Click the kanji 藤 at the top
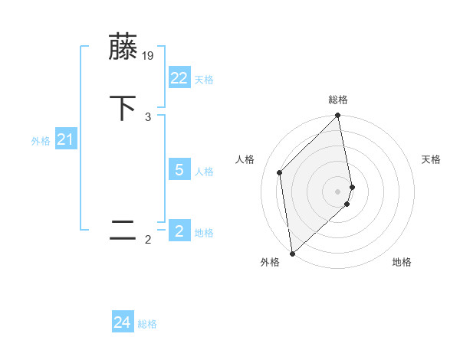[x=123, y=47]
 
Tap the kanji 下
[x=123, y=108]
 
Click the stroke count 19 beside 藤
[x=149, y=56]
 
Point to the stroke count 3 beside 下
[x=148, y=117]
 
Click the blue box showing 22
[x=179, y=78]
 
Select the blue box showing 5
[x=179, y=170]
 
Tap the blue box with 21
[x=65, y=139]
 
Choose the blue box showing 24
[x=123, y=323]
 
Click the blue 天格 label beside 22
[x=204, y=80]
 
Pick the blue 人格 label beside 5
[x=204, y=172]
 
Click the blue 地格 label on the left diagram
[x=204, y=233]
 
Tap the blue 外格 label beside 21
[x=41, y=141]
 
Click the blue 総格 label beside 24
[x=147, y=325]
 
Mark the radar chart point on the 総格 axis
[x=338, y=116]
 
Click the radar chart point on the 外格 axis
[x=291, y=253]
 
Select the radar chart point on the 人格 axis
[x=280, y=172]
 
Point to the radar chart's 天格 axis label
[x=431, y=159]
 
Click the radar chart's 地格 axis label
[x=402, y=263]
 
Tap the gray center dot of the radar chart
[x=338, y=191]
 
